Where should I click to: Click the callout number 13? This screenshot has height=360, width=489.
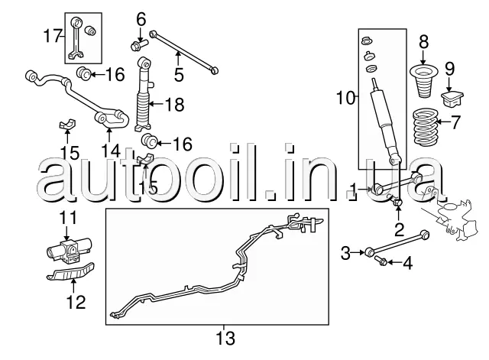point(226,337)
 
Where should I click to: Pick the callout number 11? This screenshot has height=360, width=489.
point(69,217)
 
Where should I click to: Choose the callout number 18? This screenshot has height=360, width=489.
point(175,105)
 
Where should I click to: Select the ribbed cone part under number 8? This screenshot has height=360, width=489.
point(425,83)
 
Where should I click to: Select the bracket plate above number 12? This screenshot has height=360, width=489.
point(70,273)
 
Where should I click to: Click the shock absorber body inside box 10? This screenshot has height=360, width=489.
point(384,122)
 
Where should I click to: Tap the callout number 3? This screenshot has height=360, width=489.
point(345,251)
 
